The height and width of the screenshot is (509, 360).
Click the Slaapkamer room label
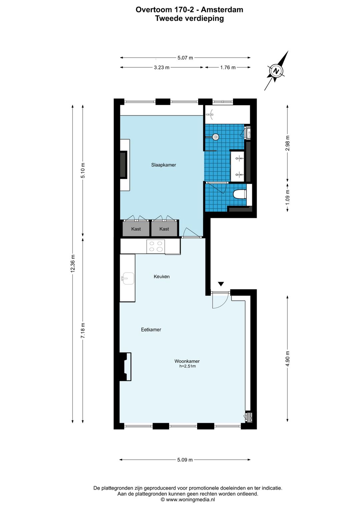click(x=164, y=165)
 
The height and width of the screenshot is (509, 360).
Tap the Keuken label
click(x=161, y=277)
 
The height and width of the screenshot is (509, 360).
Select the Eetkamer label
click(x=151, y=330)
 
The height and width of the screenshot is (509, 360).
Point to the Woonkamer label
click(x=187, y=361)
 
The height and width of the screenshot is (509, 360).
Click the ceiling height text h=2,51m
click(x=187, y=366)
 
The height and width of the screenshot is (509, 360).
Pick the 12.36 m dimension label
click(x=73, y=264)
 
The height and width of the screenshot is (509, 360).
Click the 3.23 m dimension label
click(x=161, y=67)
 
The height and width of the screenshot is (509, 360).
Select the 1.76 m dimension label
click(x=228, y=67)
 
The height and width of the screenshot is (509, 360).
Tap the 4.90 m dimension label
click(x=288, y=359)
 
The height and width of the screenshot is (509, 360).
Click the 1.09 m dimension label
click(x=288, y=197)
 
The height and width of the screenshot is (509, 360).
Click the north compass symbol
click(x=276, y=71)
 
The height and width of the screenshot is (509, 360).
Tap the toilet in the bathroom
click(x=240, y=194)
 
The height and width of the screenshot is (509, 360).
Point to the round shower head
click(x=216, y=137)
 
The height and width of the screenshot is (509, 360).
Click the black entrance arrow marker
click(x=221, y=284)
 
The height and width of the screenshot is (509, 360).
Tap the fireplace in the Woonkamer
click(x=125, y=367)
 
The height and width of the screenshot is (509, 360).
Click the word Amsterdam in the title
click(x=222, y=10)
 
